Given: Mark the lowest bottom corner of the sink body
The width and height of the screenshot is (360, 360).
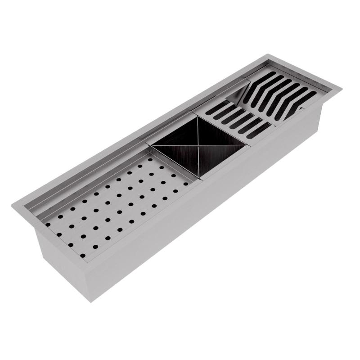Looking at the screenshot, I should (90, 301).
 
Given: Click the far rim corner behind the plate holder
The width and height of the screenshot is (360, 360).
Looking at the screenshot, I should (268, 55).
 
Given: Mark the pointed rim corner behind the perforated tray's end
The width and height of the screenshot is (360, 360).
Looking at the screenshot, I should (13, 205).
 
